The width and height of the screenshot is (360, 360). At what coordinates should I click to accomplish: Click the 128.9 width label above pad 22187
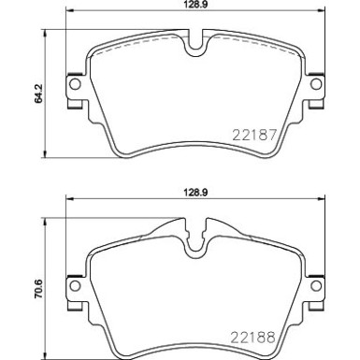193,6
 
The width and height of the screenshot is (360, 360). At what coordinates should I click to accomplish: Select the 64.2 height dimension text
39,96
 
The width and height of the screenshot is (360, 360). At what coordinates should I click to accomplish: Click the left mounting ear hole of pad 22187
73,87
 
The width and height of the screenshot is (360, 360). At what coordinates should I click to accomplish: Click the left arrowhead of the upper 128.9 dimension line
67,16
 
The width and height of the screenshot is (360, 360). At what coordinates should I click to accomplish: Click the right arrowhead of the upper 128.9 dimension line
318,16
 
